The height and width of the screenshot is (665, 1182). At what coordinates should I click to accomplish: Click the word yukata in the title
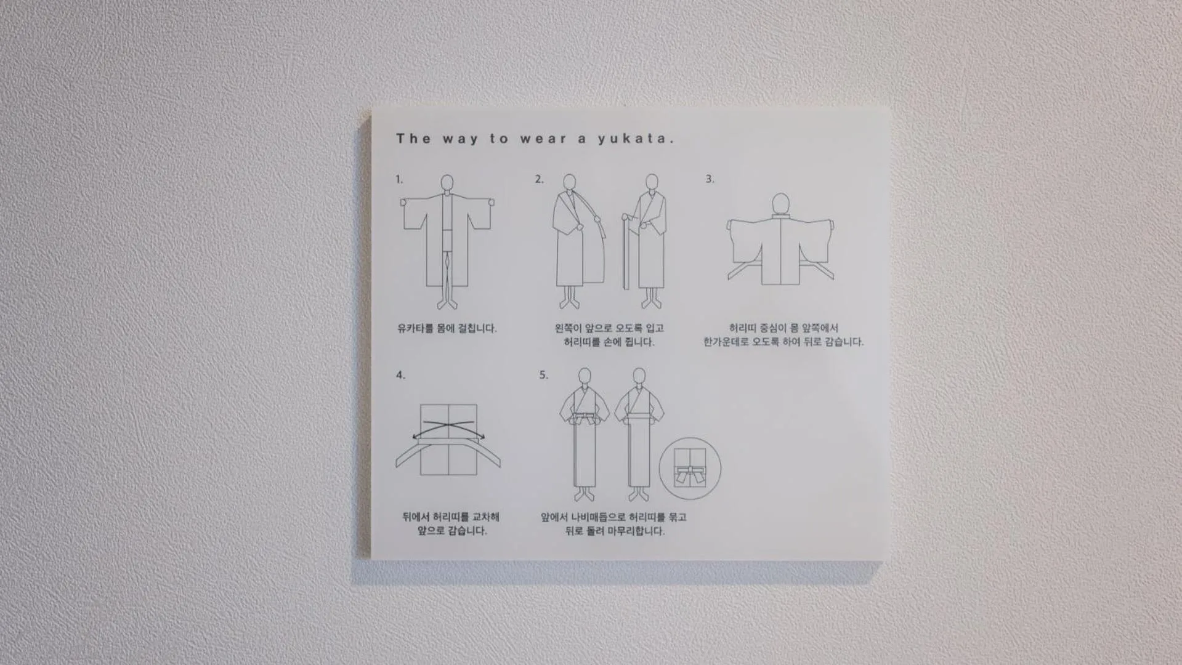(x=636, y=139)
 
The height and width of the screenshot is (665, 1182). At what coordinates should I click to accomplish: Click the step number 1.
(x=399, y=179)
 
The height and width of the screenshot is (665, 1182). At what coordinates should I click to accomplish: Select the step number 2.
(x=539, y=179)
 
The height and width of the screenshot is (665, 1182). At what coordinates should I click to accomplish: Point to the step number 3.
(x=710, y=179)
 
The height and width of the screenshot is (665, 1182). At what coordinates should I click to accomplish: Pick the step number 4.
(x=400, y=375)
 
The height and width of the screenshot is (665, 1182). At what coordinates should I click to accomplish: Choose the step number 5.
(x=543, y=374)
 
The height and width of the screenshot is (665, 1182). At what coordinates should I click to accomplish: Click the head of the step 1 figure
(x=447, y=183)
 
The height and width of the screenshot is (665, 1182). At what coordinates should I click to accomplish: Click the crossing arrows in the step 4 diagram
(x=448, y=429)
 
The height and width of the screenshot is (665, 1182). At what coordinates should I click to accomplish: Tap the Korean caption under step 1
(x=447, y=328)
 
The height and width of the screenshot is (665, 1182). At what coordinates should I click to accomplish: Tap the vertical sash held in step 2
(x=626, y=252)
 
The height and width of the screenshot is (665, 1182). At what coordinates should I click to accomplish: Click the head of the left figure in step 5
(x=585, y=376)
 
